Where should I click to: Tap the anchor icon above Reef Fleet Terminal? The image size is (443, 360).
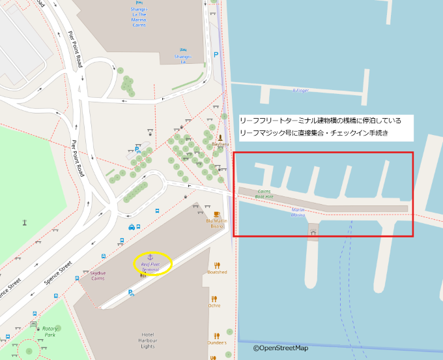(150, 256)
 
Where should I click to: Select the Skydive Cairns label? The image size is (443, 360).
(93, 275)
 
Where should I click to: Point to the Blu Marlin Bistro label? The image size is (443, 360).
(216, 223)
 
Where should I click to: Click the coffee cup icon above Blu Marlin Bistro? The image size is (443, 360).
(216, 213)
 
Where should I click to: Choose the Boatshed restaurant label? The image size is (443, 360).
(217, 272)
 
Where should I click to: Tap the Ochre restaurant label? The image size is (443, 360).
(214, 305)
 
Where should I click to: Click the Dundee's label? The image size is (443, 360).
(217, 342)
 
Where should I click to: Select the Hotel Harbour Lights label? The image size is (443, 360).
(147, 339)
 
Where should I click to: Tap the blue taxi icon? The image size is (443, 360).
(132, 227)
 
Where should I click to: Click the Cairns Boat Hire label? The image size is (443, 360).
(264, 194)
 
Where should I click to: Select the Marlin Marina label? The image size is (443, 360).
(298, 212)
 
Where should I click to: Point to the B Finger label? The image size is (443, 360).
(300, 91)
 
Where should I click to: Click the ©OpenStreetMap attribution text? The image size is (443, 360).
(281, 348)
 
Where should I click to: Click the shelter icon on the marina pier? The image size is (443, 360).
(313, 232)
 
